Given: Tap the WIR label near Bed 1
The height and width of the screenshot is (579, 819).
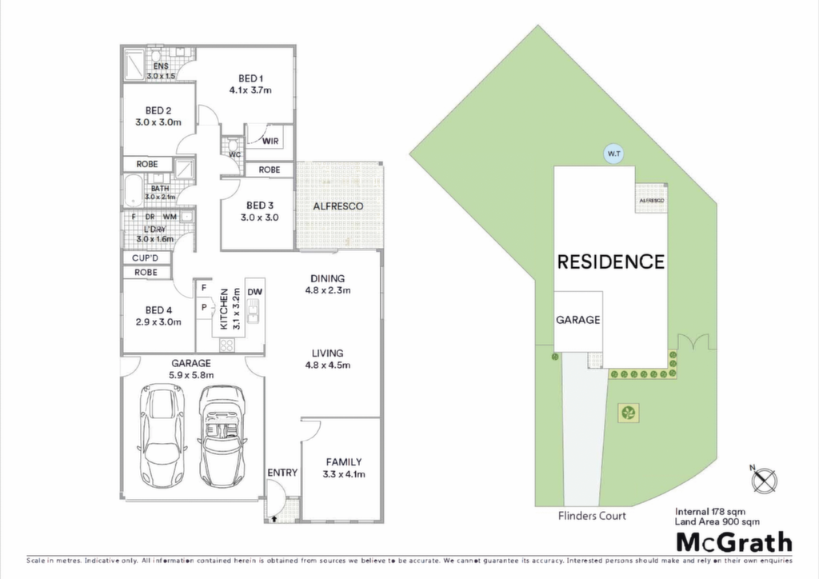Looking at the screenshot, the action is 270,141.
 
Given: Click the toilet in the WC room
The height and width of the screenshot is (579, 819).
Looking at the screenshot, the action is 233,144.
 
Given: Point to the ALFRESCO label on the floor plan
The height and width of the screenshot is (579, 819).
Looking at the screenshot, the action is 338,206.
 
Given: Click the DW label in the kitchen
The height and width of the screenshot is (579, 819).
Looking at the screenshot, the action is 255,293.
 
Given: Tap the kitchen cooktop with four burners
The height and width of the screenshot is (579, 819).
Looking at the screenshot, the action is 226,345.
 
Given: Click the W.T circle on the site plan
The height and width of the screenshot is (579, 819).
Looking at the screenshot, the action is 613,154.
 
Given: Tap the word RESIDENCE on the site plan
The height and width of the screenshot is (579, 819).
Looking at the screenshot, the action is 611,262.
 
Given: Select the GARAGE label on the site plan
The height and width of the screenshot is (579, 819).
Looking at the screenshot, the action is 577,320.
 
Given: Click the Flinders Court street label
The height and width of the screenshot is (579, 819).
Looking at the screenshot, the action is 592,516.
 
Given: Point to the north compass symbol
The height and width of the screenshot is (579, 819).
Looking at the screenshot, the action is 765,480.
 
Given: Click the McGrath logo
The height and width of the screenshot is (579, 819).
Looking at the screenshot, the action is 734,542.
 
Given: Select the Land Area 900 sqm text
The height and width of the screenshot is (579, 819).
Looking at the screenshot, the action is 717,521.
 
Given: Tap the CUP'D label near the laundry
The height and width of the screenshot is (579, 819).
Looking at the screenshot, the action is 145,258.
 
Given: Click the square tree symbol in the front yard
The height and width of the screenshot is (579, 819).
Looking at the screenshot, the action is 629,413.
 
